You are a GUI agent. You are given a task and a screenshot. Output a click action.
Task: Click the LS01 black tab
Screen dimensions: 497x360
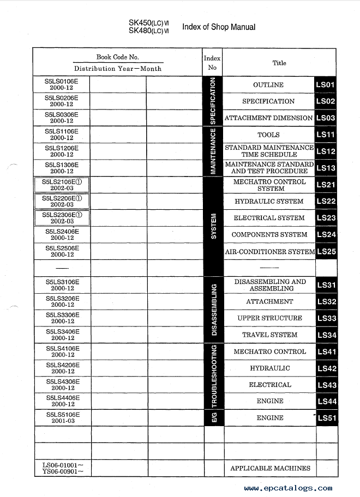(326, 85)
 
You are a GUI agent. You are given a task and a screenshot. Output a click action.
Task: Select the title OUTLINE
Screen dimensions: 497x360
(268, 85)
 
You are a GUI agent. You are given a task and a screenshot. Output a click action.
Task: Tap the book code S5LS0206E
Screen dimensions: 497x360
(62, 98)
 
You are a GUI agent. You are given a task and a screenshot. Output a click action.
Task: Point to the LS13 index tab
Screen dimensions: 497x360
(326, 168)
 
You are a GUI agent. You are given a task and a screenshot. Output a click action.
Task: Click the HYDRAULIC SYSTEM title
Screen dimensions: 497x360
(269, 201)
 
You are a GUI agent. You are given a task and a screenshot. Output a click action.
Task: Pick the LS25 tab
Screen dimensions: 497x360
(326, 252)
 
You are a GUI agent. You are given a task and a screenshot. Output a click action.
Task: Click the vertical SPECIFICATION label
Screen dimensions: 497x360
(213, 101)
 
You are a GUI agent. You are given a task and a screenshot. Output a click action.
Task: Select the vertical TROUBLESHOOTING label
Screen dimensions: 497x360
(214, 376)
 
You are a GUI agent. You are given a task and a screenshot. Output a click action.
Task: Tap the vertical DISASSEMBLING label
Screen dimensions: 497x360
(214, 309)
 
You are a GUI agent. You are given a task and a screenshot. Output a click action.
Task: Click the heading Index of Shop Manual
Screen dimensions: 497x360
(218, 27)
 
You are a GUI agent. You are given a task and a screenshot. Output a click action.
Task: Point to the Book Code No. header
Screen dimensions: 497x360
(117, 57)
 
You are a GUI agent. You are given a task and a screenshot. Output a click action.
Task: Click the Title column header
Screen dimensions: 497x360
(279, 63)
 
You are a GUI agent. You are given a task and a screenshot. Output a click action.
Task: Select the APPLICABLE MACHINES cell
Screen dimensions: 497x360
(270, 468)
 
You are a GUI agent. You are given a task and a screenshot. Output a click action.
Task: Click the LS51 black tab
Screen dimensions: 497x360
(326, 418)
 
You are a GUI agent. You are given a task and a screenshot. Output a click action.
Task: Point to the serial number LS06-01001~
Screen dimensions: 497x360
(61, 465)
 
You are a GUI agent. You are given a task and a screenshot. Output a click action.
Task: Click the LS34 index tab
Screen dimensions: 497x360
(326, 335)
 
